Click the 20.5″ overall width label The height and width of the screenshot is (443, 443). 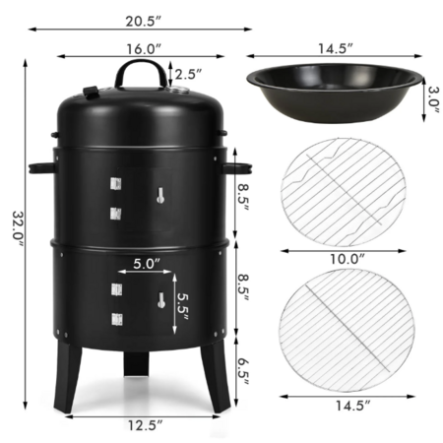click(x=144, y=22)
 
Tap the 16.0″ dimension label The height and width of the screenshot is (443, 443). click(x=144, y=49)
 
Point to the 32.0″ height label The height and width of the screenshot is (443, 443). click(x=18, y=228)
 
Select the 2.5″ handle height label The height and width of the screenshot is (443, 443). click(x=188, y=75)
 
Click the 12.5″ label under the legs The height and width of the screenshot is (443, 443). click(x=145, y=425)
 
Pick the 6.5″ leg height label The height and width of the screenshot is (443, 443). click(x=243, y=372)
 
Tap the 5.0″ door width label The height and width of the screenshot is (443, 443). click(x=147, y=264)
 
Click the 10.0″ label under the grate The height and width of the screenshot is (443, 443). click(x=348, y=259)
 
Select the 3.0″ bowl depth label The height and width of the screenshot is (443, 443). click(x=433, y=99)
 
